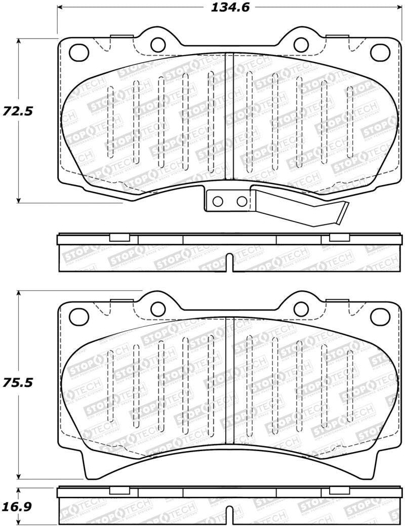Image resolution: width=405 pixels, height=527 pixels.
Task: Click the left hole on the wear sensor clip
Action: (218, 201)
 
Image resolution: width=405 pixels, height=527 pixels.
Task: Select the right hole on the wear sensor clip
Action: (242, 201)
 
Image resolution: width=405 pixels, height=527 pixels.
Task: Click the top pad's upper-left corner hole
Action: (77, 51)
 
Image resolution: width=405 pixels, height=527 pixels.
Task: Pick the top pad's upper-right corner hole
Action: (379, 51)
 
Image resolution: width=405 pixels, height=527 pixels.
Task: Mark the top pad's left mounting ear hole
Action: (158, 44)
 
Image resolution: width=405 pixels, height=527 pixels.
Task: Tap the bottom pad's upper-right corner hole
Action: (379, 316)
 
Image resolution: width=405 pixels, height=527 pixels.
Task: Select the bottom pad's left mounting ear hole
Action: (158, 309)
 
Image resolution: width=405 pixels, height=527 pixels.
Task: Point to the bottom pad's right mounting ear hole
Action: (301, 309)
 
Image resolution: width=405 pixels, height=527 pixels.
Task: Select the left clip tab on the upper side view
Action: (119, 238)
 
